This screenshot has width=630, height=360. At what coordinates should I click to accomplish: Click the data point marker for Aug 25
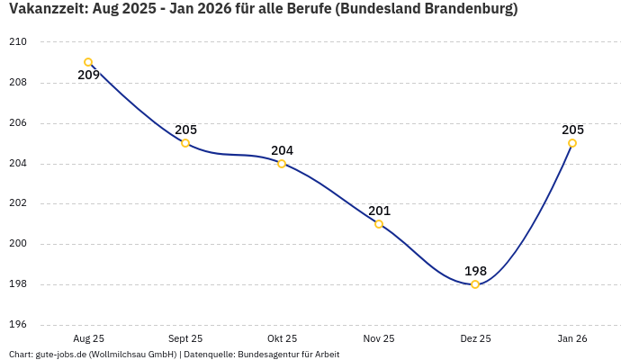click(88, 62)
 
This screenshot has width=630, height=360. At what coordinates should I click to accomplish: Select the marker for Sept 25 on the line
click(185, 143)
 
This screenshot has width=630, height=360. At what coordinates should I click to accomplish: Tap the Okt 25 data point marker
click(282, 164)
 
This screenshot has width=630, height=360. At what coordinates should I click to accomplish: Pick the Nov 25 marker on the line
click(379, 224)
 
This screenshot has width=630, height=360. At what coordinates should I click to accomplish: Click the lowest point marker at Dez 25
click(475, 284)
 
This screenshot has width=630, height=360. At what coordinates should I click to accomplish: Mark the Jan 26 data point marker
click(572, 143)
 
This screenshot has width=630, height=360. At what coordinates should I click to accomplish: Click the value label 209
click(88, 76)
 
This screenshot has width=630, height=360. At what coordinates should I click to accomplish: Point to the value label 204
click(282, 150)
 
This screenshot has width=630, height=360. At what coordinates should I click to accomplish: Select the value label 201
click(379, 211)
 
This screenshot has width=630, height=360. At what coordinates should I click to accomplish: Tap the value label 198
click(475, 271)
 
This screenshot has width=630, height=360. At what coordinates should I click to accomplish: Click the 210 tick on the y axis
click(18, 42)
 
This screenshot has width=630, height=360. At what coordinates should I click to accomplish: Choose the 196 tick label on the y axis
click(18, 325)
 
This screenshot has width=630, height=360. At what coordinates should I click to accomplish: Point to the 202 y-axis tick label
click(18, 203)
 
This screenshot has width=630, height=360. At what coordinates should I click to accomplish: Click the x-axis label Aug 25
click(88, 338)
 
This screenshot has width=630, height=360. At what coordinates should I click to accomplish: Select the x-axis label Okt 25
click(282, 338)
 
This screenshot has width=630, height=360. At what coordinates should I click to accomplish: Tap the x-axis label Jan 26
click(572, 338)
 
